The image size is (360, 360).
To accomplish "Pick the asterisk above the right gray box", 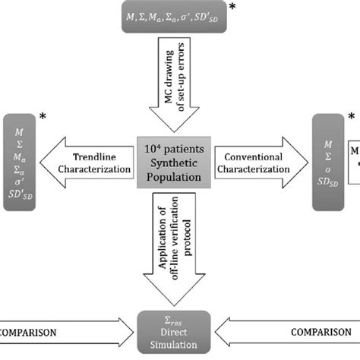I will pos(351,115).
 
